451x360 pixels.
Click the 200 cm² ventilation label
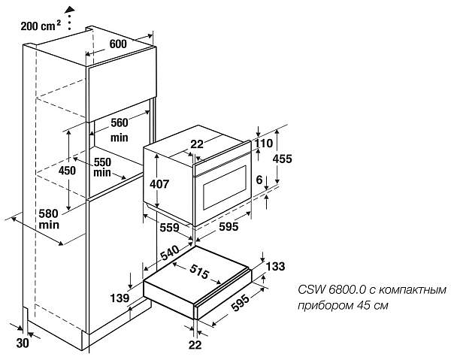[x=40, y=26]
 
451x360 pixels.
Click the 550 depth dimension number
[x=102, y=162]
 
